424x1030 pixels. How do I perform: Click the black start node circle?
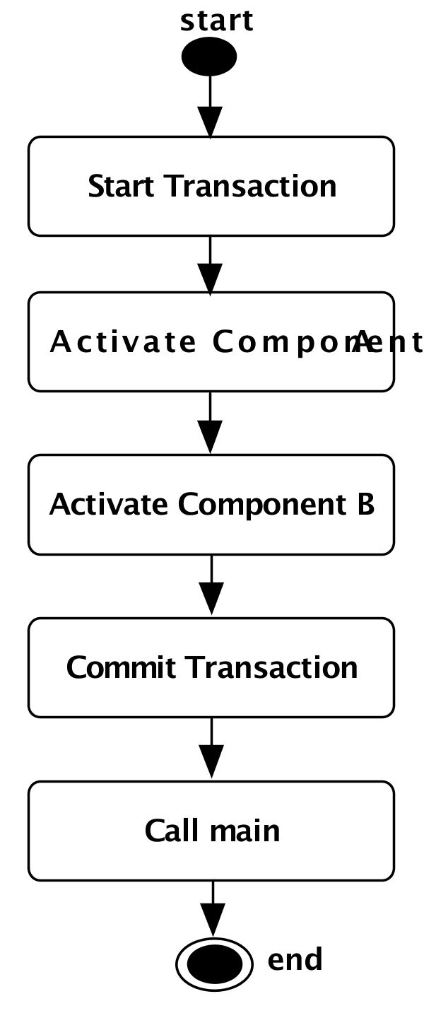click(209, 57)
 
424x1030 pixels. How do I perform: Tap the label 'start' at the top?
click(216, 21)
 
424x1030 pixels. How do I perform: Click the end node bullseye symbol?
click(214, 963)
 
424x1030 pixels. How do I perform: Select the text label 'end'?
click(295, 960)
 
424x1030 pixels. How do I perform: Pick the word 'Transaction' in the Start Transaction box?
click(250, 187)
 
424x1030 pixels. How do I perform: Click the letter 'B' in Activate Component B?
click(365, 505)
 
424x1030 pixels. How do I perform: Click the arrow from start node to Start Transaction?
click(210, 106)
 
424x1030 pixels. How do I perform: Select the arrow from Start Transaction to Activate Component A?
click(210, 264)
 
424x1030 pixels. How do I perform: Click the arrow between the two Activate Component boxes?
click(210, 423)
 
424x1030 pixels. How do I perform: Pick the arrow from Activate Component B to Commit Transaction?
click(211, 587)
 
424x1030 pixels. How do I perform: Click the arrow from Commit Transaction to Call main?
click(211, 749)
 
